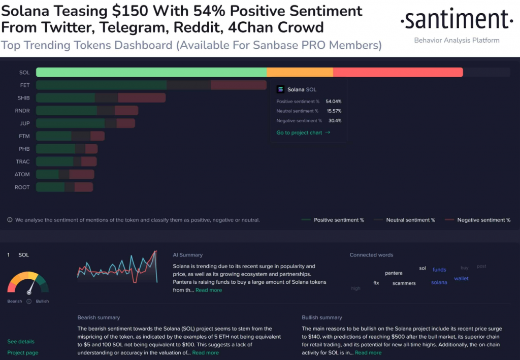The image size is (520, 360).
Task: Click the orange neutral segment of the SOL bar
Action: point(300,72)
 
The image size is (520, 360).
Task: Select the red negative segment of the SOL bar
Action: point(398,72)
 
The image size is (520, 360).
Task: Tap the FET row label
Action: point(25,85)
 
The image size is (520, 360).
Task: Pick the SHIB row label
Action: point(23,97)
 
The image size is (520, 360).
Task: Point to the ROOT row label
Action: point(22,187)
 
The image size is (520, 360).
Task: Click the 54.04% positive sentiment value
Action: point(333,102)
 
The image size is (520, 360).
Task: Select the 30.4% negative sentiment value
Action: point(335,121)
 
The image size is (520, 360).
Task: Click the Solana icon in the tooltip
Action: point(280,89)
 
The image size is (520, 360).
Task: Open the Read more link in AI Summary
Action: point(209,290)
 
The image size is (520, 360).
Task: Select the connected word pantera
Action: point(394,273)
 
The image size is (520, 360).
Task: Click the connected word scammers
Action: point(404,283)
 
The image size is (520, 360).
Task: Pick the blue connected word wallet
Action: point(461,278)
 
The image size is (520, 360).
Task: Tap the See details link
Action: point(21,342)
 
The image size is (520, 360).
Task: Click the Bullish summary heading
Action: point(322,317)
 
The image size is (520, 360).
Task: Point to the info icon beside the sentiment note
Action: point(10,220)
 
